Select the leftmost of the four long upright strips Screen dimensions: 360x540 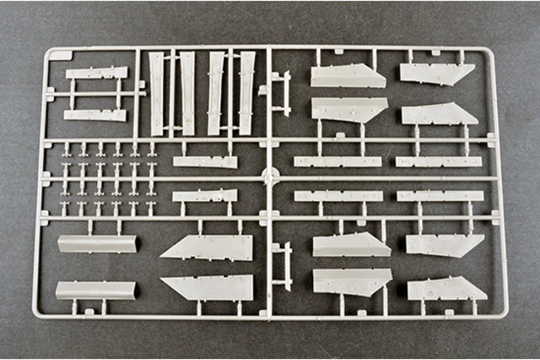157,93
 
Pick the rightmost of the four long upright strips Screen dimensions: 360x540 247,93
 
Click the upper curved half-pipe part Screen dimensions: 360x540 98,244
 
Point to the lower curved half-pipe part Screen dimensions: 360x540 95,290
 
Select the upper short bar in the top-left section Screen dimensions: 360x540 97,73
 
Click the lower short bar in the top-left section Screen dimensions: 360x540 95,115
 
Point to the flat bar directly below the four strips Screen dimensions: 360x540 205,162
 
